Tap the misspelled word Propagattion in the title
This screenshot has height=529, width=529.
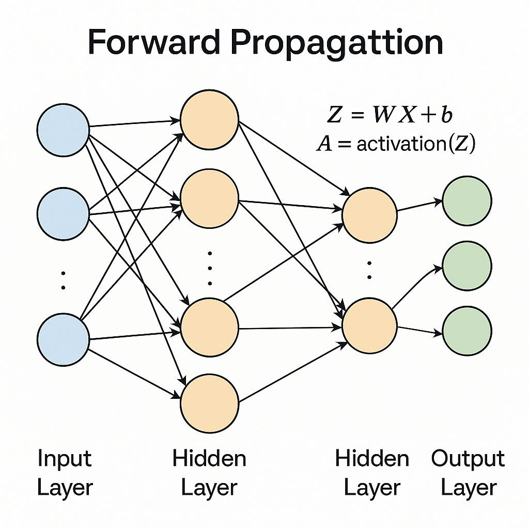(336, 43)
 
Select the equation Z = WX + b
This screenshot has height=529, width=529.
(390, 115)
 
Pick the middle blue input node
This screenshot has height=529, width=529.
(64, 213)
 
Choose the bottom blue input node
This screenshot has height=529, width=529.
(64, 339)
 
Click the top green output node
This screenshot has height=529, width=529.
(467, 200)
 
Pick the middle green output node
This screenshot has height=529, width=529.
(467, 266)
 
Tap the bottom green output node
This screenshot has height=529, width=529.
(467, 331)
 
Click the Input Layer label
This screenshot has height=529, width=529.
(65, 473)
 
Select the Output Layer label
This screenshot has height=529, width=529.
(468, 473)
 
